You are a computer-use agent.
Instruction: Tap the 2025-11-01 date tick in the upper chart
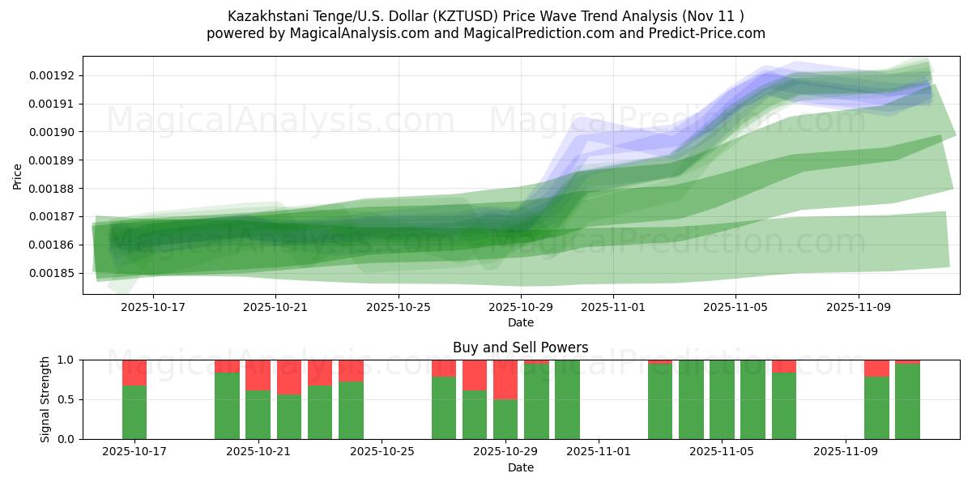(x=612, y=307)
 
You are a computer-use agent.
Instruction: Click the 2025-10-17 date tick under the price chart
(x=152, y=307)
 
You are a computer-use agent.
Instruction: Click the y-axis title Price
(x=18, y=176)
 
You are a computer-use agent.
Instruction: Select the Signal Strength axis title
(x=46, y=399)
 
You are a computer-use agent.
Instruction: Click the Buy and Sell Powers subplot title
(x=520, y=347)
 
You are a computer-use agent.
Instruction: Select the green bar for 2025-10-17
(x=134, y=412)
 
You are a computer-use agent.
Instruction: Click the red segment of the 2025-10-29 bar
(x=505, y=380)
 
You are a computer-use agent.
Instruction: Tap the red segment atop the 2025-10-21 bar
(x=258, y=375)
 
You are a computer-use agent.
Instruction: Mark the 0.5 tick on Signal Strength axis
(x=66, y=399)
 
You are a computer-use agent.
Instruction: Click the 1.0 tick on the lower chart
(x=66, y=360)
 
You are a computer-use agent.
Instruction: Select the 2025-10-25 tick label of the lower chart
(x=381, y=452)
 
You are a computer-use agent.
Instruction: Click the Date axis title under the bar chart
(x=520, y=467)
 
